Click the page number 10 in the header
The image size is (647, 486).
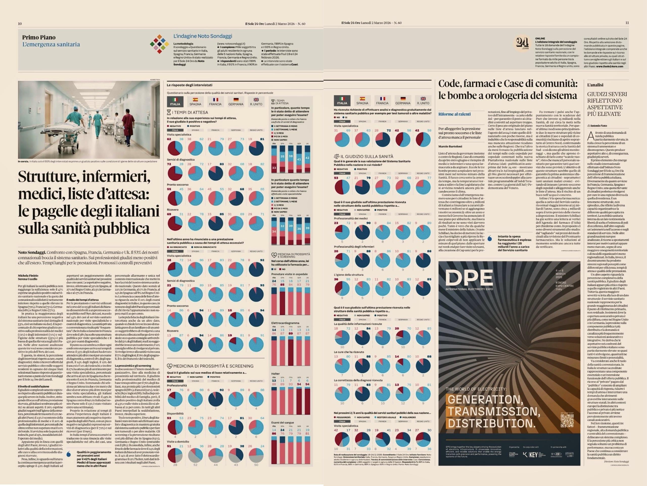click(x=20, y=24)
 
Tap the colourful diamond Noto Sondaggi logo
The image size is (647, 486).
click(x=159, y=44)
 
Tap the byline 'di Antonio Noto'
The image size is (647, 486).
click(x=597, y=126)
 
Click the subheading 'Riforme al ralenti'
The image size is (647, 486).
click(x=454, y=114)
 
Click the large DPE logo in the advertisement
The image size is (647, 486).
click(x=469, y=277)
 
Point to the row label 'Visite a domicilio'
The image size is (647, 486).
click(x=178, y=442)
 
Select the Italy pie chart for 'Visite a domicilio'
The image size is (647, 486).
click(x=175, y=454)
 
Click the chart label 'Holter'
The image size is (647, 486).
click(x=275, y=374)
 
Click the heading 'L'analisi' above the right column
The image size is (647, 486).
click(x=595, y=85)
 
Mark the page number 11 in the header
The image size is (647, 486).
click(x=627, y=23)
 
